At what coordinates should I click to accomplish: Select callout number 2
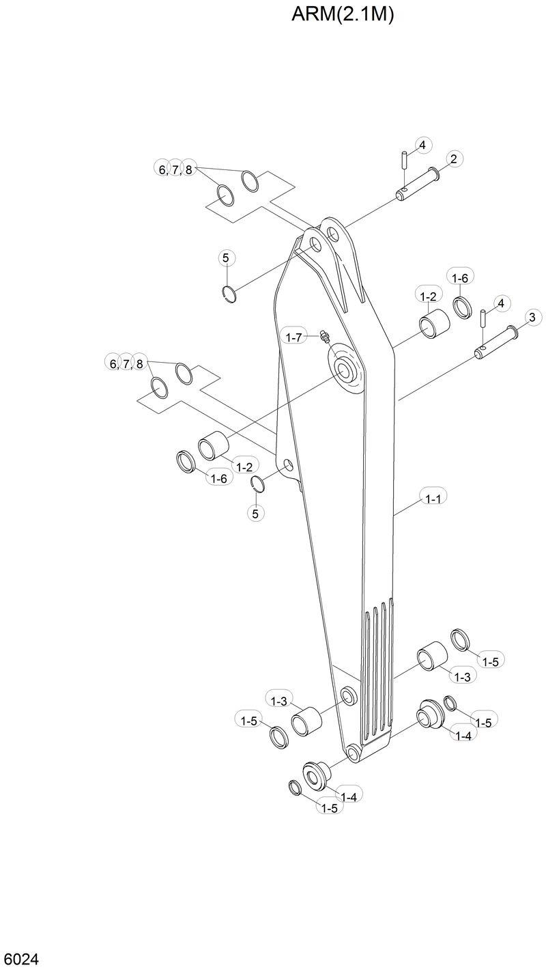454,159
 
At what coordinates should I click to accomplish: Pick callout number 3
531,316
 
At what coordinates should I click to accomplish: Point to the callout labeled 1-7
294,337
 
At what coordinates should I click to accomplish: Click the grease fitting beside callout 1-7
324,336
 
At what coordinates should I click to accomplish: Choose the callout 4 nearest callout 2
422,145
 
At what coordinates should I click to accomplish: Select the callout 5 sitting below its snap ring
255,513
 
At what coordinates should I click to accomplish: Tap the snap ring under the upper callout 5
231,294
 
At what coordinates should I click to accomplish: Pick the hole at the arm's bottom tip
353,753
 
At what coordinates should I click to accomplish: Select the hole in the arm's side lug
289,466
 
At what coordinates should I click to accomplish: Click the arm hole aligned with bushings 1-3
348,697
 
